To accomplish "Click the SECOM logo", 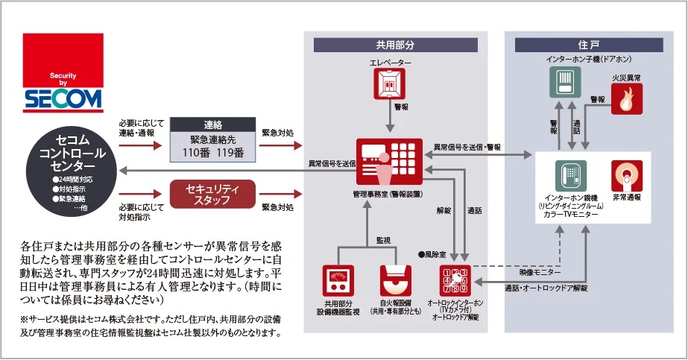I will [x=63, y=72].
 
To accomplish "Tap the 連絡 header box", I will [x=212, y=124].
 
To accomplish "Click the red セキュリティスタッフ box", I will [x=213, y=194].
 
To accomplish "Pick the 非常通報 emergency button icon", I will [x=627, y=176].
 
